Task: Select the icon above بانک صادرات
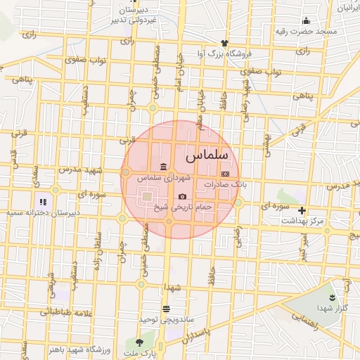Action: pos(225,173)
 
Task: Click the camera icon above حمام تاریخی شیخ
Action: pos(183,197)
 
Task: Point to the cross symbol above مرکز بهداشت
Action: pos(302,210)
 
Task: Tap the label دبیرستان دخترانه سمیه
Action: pos(44,212)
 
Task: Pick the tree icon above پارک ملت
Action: pos(139,342)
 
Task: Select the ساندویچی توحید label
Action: pos(166,319)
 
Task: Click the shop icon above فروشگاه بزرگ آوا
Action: pos(224,44)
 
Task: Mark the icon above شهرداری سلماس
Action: pos(163,167)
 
